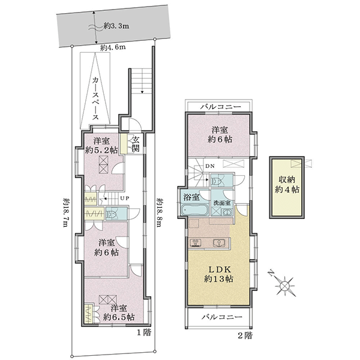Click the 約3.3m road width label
[x=116, y=26]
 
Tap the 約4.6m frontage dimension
[x=113, y=48]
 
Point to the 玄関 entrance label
[x=136, y=144]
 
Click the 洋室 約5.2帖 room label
[x=101, y=145]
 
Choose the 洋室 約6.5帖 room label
[x=119, y=313]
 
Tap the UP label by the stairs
[x=125, y=198]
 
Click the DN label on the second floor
[x=210, y=166]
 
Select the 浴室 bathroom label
[x=191, y=197]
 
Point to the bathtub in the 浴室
[x=194, y=209]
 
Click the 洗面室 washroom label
[x=222, y=203]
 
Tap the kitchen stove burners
[x=196, y=242]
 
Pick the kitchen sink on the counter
[x=218, y=243]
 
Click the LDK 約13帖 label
[x=219, y=274]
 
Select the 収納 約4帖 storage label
[x=287, y=185]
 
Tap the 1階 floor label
[x=144, y=332]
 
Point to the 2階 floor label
[x=245, y=335]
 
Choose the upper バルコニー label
[x=221, y=107]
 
